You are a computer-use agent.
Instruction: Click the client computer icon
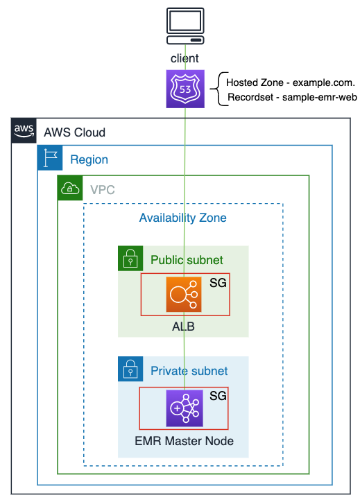tap(185, 26)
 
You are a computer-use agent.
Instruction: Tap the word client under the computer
tap(185, 58)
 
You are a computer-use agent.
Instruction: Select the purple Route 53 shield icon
tap(185, 89)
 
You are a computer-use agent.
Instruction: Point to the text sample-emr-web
tap(320, 97)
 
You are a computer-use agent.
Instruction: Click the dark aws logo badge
tap(24, 130)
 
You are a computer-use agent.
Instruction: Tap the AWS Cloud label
tap(75, 132)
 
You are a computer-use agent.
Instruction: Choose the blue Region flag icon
tap(50, 157)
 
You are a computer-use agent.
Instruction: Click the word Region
tap(89, 159)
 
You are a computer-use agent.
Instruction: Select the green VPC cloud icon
tap(70, 188)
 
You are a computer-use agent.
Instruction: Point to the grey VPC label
tap(102, 190)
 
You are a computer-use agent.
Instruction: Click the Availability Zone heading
tap(182, 218)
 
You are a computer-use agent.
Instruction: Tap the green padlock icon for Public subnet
tap(130, 259)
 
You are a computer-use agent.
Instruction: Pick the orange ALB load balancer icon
tap(184, 295)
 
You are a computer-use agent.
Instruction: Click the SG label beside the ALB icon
tap(218, 283)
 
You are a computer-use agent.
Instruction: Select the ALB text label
tap(183, 327)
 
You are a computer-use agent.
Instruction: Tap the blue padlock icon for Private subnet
tap(130, 369)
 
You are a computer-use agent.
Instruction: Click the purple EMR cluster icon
tap(185, 408)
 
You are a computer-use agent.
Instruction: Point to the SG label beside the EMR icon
tap(218, 396)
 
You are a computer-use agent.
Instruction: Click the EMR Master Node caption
tap(184, 441)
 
